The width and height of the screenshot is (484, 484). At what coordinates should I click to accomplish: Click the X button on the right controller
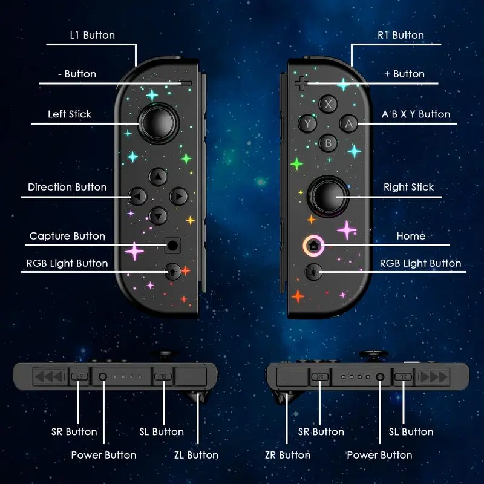328,104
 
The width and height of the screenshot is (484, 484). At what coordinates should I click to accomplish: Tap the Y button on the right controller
307,123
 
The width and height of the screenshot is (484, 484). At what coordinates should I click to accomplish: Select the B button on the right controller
328,143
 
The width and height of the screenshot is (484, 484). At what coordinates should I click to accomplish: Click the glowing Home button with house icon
313,246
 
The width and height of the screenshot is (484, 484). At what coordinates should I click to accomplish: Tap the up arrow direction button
158,177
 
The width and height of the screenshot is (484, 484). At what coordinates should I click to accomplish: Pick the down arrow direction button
158,216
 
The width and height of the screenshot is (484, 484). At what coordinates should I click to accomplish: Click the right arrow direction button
178,196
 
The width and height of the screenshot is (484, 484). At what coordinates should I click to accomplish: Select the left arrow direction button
138,196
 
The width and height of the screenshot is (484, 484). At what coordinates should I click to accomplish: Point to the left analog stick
159,123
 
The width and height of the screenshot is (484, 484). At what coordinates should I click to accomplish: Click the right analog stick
328,196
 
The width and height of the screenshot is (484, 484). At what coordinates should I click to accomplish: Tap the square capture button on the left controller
172,246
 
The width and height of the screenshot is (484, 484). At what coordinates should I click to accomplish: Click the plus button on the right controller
301,83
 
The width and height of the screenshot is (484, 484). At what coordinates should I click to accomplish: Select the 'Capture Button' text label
67,236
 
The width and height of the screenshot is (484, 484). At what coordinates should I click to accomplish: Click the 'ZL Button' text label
196,455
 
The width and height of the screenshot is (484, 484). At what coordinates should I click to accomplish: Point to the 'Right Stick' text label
409,187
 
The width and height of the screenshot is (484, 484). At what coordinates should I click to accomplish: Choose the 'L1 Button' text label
93,35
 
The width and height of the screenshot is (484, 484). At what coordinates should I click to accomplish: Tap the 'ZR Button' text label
288,455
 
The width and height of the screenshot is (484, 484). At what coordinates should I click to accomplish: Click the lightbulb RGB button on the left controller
172,272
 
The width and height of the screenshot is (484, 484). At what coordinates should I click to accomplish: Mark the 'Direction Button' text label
67,187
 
